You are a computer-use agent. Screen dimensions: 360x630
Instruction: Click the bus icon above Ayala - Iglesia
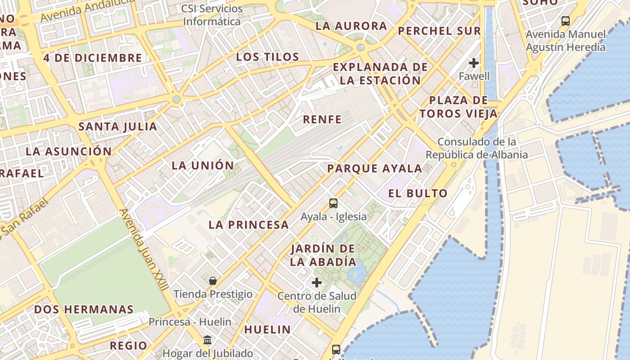click(333, 203)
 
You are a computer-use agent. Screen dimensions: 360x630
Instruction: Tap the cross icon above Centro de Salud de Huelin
click(317, 283)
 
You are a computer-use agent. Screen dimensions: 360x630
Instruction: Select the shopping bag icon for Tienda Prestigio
click(213, 281)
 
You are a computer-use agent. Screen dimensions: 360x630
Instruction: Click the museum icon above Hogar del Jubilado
click(207, 340)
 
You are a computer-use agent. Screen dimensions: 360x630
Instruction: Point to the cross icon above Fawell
click(473, 63)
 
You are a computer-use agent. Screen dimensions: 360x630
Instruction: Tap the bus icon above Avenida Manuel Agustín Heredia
click(565, 21)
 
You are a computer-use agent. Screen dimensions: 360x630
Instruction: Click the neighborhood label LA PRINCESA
click(248, 225)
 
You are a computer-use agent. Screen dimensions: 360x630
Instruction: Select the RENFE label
click(322, 119)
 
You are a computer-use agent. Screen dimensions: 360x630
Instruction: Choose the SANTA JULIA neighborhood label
click(118, 126)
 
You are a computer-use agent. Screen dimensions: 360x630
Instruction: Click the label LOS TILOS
click(267, 57)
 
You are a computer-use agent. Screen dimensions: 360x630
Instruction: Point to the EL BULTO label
click(418, 193)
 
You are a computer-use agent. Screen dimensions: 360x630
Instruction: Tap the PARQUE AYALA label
click(374, 169)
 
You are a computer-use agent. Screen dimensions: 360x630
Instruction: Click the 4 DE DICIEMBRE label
click(93, 58)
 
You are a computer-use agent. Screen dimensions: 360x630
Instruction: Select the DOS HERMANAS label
click(84, 310)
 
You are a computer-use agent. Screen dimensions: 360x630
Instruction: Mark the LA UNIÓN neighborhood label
click(203, 165)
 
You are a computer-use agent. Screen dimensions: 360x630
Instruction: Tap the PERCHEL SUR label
click(439, 31)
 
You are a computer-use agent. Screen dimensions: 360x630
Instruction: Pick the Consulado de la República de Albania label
click(477, 148)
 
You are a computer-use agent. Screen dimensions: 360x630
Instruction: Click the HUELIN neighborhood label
click(267, 329)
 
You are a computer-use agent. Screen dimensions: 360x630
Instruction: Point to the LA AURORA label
click(351, 26)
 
